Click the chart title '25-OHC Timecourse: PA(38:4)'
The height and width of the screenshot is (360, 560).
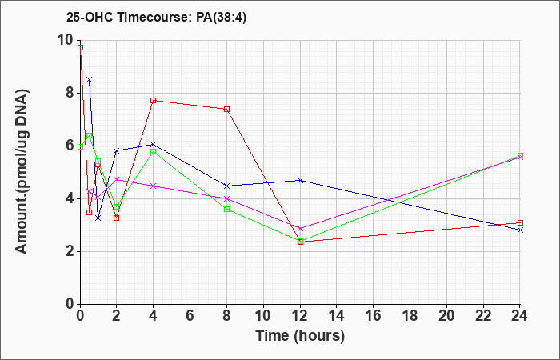click(x=157, y=18)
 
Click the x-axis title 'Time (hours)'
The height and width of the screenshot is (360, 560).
click(x=300, y=336)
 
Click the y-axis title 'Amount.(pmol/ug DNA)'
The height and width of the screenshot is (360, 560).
click(x=22, y=172)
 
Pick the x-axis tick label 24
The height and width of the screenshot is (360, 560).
click(x=520, y=316)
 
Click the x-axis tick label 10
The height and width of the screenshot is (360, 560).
click(x=263, y=316)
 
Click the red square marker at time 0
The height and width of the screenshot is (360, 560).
click(x=80, y=47)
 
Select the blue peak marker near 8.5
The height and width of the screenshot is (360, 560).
click(x=90, y=80)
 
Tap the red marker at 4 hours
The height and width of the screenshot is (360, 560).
click(x=154, y=100)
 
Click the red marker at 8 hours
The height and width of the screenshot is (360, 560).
click(x=226, y=109)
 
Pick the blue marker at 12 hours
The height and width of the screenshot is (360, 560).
click(x=300, y=180)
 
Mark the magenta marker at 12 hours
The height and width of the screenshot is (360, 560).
click(x=300, y=228)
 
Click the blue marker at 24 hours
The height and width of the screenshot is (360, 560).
click(x=520, y=230)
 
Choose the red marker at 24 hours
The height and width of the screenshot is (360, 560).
click(x=520, y=223)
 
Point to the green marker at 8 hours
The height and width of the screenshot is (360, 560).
click(x=226, y=209)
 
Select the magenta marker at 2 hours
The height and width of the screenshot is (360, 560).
click(x=117, y=179)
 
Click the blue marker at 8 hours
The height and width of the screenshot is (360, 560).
click(x=226, y=186)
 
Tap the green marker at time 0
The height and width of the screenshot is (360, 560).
click(x=80, y=146)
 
